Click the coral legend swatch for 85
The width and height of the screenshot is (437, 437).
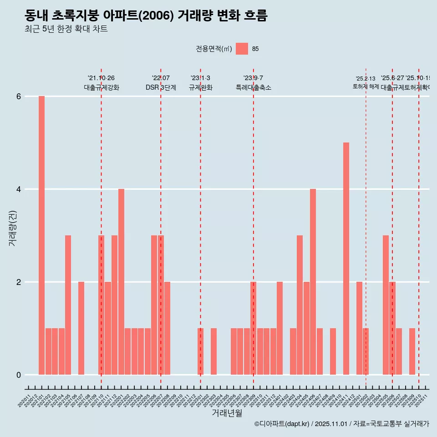click(x=242, y=49)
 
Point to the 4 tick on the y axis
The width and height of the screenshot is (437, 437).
click(x=19, y=189)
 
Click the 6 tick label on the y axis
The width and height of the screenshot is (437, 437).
click(x=19, y=97)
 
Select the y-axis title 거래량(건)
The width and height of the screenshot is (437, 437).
click(x=12, y=228)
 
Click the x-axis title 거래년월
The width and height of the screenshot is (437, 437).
click(x=227, y=413)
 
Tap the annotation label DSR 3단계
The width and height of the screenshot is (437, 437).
click(x=161, y=87)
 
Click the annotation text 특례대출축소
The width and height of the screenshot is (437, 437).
click(x=253, y=87)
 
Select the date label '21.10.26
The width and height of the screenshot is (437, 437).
click(x=101, y=78)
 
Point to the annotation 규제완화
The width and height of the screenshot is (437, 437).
click(x=200, y=87)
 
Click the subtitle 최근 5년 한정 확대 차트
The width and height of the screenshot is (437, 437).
click(x=66, y=29)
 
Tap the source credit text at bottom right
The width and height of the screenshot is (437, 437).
click(x=341, y=424)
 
